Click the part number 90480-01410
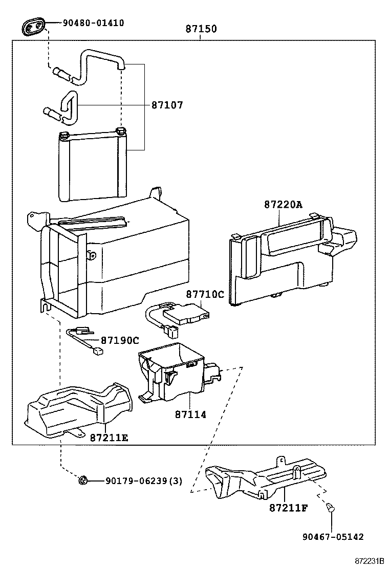tap(93, 23)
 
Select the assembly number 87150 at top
tap(201, 29)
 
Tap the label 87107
tap(167, 105)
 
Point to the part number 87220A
tap(283, 205)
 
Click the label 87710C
tap(205, 294)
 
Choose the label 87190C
tap(120, 340)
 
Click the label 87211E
tap(109, 437)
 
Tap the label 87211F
tap(289, 508)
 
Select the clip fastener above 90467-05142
tap(330, 508)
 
